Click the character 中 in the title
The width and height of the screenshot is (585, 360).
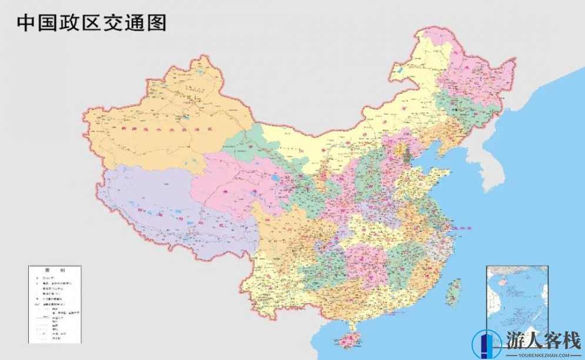coord(26,22)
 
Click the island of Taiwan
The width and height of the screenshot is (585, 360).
coord(453,289)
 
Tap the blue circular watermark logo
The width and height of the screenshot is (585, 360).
coord(486,345)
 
